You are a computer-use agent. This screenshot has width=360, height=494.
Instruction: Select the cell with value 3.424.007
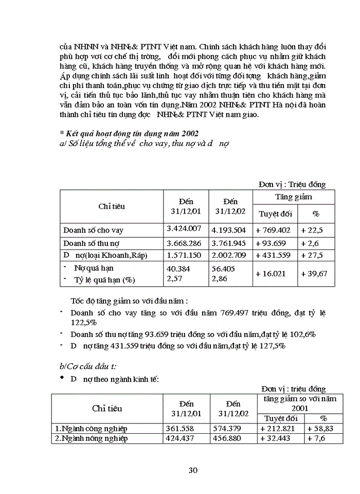point(184,228)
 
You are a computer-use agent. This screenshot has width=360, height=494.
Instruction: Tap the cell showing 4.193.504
point(230,230)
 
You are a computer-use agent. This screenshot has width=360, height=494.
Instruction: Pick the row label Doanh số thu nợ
point(93,243)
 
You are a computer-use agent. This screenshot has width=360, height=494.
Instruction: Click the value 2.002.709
point(230,255)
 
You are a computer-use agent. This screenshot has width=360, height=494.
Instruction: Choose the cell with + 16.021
point(272,274)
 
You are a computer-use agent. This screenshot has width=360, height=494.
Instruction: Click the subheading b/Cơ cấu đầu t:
point(88,366)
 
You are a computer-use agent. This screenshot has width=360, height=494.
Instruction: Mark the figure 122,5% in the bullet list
point(84,322)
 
